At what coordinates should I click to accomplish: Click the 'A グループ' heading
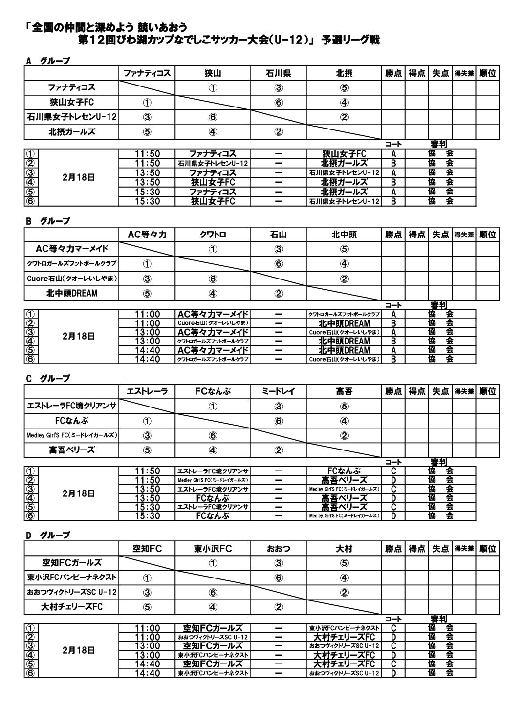pyautogui.click(x=48, y=61)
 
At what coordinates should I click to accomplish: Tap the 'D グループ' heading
pyautogui.click(x=48, y=536)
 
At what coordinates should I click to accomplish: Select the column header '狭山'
pyautogui.click(x=213, y=74)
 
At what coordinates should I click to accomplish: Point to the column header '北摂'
pyautogui.click(x=344, y=74)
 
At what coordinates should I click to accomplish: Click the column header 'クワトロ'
pyautogui.click(x=213, y=235)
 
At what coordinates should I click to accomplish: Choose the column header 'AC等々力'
pyautogui.click(x=147, y=235)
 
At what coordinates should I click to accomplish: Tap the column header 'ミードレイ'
pyautogui.click(x=278, y=391)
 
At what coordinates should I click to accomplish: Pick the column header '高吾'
pyautogui.click(x=344, y=391)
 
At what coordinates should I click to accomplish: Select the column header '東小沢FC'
pyautogui.click(x=213, y=549)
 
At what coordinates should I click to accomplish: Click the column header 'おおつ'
pyautogui.click(x=278, y=549)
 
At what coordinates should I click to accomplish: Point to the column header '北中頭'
pyautogui.click(x=344, y=235)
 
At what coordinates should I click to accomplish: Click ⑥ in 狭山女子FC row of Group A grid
pyautogui.click(x=278, y=103)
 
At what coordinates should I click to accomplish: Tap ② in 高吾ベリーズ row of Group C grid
pyautogui.click(x=278, y=450)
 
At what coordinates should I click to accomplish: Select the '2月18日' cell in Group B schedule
pyautogui.click(x=79, y=337)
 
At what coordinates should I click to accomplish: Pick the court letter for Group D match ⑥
pyautogui.click(x=393, y=673)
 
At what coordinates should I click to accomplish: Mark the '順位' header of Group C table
pyautogui.click(x=487, y=391)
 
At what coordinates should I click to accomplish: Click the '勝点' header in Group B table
pyautogui.click(x=393, y=235)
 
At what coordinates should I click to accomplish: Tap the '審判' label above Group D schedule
pyautogui.click(x=438, y=620)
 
